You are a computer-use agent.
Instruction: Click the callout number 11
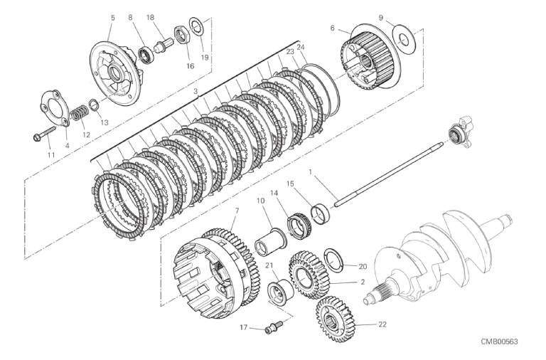click(x=51, y=154)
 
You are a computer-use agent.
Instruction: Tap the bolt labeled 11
click(x=45, y=133)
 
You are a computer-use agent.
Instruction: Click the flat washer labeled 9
click(x=404, y=39)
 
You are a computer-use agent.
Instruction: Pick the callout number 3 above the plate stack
click(x=196, y=91)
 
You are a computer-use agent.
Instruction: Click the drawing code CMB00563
click(x=499, y=342)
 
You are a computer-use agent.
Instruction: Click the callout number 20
click(x=363, y=267)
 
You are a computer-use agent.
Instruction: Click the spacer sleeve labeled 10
click(x=271, y=243)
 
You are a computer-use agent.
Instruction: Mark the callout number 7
click(x=237, y=211)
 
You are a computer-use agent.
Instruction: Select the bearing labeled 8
click(x=145, y=54)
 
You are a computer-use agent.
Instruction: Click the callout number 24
click(x=301, y=47)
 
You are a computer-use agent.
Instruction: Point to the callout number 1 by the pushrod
click(x=310, y=171)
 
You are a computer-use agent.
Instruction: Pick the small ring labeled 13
click(x=94, y=104)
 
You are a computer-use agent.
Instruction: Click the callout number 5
click(x=112, y=17)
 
